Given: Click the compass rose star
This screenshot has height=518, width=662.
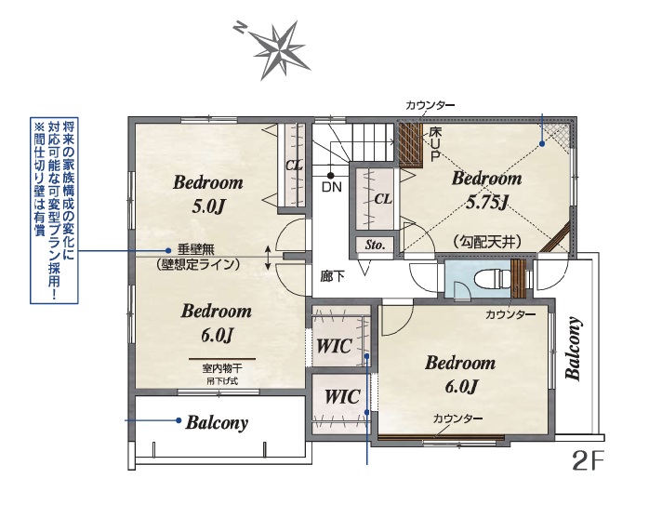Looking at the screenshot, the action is (282, 50).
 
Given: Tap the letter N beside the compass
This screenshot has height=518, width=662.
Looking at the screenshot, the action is (239, 28).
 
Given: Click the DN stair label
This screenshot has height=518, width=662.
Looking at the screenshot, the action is (331, 187).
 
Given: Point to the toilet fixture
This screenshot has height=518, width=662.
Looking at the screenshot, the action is (492, 279).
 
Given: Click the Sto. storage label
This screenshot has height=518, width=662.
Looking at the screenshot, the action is (375, 245).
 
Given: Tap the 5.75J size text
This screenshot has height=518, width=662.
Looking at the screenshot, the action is (486, 203).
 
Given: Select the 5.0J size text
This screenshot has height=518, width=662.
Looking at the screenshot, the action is (208, 206).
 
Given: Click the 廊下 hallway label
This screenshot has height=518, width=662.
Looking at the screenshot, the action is (332, 277).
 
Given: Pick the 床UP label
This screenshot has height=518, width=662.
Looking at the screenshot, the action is (435, 144).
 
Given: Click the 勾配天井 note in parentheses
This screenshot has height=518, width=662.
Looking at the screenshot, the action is (487, 242).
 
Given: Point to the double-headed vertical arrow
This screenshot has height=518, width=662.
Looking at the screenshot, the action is (268, 258).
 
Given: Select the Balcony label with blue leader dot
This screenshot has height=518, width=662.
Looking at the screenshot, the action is (217, 422).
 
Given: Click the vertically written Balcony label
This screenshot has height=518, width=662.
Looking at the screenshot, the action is (574, 349).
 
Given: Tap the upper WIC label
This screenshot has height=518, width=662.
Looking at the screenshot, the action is (334, 346).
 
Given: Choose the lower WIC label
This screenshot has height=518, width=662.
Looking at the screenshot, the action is (342, 397).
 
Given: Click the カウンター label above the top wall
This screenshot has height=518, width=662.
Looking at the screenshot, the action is (430, 105).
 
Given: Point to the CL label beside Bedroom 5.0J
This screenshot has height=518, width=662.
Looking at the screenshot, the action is (294, 165).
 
